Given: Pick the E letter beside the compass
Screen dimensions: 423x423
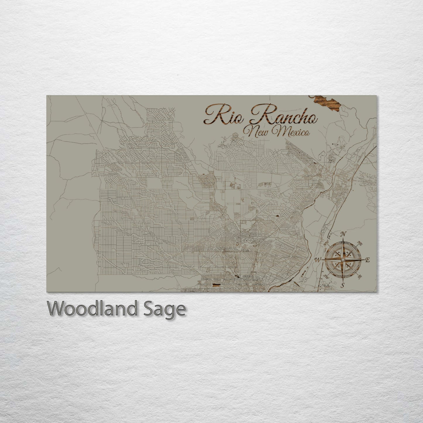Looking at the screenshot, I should pos(368,259).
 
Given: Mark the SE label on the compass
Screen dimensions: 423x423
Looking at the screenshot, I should pos(360,276).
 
